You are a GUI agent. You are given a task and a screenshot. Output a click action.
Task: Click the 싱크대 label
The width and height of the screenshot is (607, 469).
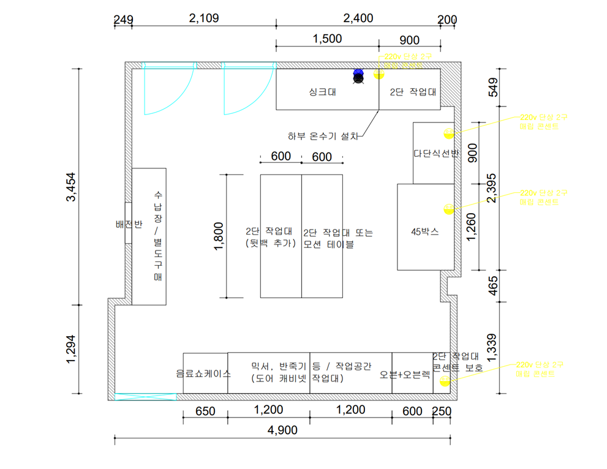tap(322, 93)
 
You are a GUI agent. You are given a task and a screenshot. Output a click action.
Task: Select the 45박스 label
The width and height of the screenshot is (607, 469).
tap(424, 231)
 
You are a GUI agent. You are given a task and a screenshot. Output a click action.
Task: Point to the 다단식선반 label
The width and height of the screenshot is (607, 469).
tap(435, 154)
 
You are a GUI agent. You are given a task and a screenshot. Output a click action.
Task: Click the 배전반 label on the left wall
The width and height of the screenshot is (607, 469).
tap(129, 224)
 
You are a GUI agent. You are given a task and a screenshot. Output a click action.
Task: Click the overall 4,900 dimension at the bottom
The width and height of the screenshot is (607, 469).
tap(282, 430)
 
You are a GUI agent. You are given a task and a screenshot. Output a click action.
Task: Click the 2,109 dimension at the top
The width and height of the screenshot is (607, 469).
tap(204, 18)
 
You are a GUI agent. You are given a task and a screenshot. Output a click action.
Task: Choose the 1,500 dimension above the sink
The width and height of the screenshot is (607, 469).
tap(327, 39)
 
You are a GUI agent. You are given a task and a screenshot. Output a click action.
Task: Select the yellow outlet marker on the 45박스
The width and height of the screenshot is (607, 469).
tap(448, 209)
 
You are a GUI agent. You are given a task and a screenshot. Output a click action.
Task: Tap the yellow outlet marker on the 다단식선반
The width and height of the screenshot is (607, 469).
tap(448, 133)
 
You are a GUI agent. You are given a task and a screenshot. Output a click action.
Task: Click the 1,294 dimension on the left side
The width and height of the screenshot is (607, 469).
tap(73, 348)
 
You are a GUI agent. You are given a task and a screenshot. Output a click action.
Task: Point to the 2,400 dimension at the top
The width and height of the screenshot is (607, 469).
tap(358, 18)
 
